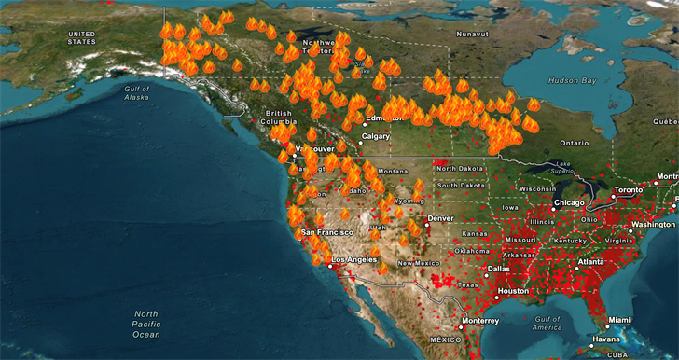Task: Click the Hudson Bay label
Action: pos(573,80)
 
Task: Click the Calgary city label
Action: pos(376,136)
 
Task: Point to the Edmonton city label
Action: pos(385,118)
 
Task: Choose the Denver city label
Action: pos(440,218)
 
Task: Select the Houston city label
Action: pos(512,292)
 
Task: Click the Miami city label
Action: pos(619,320)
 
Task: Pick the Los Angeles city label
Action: pos(353,259)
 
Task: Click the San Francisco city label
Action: pos(326,231)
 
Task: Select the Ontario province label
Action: pos(575,144)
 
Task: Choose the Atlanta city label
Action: pos(589,262)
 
